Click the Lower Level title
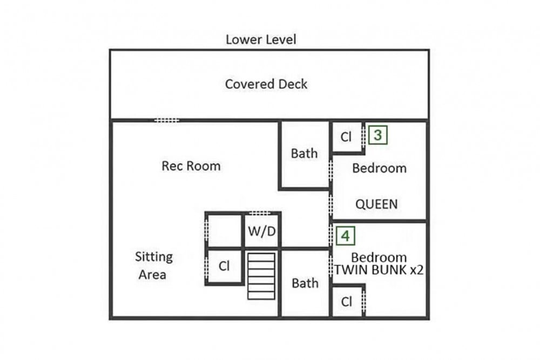261,39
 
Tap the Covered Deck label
266,84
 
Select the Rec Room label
191,166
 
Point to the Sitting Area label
153,266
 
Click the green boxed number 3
378,135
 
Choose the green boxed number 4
346,236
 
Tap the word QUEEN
376,204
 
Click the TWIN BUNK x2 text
379,270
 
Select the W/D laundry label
262,232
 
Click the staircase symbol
261,276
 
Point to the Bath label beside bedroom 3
304,153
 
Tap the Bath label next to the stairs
305,283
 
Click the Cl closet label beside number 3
346,137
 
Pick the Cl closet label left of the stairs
224,266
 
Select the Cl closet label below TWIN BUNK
347,302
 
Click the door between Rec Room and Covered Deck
166,120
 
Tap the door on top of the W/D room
260,213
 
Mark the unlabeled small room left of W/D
225,230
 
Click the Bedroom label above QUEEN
379,168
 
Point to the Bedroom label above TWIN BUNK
379,257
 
